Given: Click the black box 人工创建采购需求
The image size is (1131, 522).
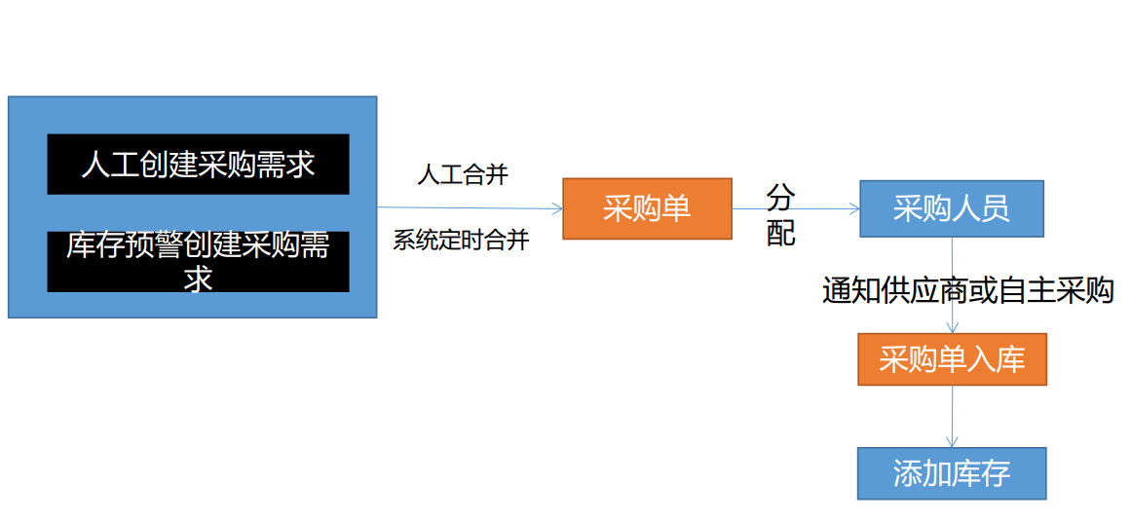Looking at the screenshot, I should point(198,164).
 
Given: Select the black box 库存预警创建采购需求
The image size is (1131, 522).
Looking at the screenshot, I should point(198,261).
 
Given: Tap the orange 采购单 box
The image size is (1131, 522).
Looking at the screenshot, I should point(647,208).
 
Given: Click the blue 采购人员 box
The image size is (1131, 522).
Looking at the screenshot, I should point(951,208).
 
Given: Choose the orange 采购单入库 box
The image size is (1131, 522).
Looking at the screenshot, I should point(952,359).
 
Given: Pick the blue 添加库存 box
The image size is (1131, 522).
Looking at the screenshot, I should point(952,473).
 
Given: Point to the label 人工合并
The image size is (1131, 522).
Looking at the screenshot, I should point(463,175).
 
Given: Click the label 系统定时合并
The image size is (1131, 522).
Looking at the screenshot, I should point(461,241).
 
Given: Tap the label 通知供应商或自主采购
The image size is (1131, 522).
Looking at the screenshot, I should point(967,290).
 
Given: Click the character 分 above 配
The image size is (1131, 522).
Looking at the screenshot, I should point(780,199).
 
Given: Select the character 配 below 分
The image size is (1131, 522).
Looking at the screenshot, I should point(780,233).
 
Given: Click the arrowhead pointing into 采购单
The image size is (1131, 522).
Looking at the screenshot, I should point(557,208).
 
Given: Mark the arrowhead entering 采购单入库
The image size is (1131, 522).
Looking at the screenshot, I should point(952,328).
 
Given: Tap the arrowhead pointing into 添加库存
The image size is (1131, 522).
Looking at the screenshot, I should point(952,442).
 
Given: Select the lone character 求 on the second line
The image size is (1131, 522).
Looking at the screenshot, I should point(199,280).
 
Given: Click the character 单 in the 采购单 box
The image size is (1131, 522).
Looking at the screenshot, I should point(676,208).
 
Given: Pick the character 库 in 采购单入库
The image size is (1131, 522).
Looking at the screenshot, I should point(1010,359).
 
